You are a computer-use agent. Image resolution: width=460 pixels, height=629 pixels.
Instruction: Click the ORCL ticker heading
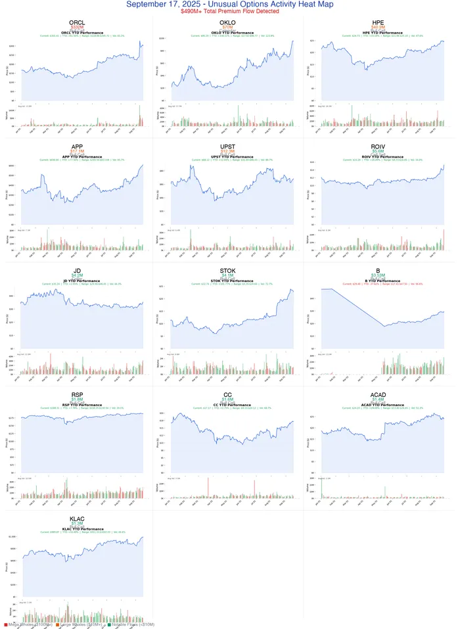click(77, 22)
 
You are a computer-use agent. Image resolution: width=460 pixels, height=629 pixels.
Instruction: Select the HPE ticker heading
click(378, 22)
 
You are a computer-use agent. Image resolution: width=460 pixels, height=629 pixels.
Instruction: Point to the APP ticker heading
click(77, 146)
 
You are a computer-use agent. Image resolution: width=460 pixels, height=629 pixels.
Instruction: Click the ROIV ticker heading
click(378, 146)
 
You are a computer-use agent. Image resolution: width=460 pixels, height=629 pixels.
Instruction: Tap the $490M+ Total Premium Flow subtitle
click(229, 12)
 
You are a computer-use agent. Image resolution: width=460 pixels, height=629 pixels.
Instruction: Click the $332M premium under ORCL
click(77, 28)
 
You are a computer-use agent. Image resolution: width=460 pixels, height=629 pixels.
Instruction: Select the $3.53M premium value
click(378, 275)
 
